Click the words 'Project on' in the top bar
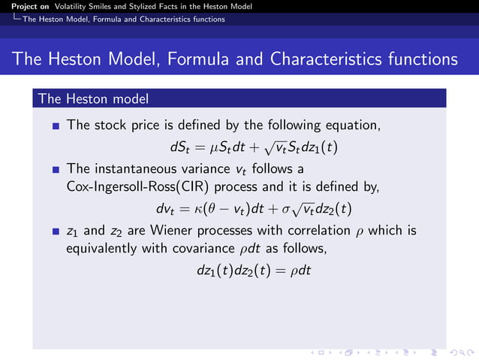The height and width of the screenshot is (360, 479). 28,6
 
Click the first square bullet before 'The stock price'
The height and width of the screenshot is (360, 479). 56,127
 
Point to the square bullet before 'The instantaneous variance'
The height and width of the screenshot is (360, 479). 56,169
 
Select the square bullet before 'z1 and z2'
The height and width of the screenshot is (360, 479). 56,231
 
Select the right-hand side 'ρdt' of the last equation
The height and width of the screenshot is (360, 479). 300,268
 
